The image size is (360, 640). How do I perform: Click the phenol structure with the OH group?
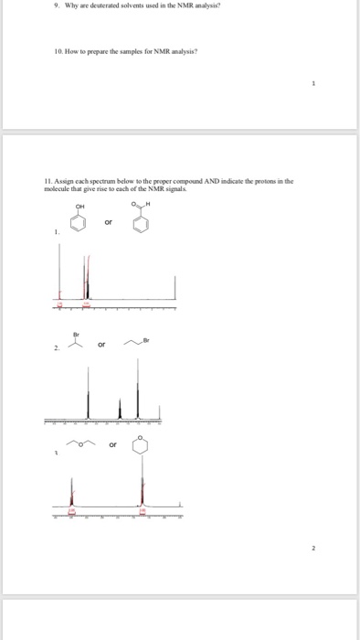point(84,220)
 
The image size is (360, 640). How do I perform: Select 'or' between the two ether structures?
point(112,447)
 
